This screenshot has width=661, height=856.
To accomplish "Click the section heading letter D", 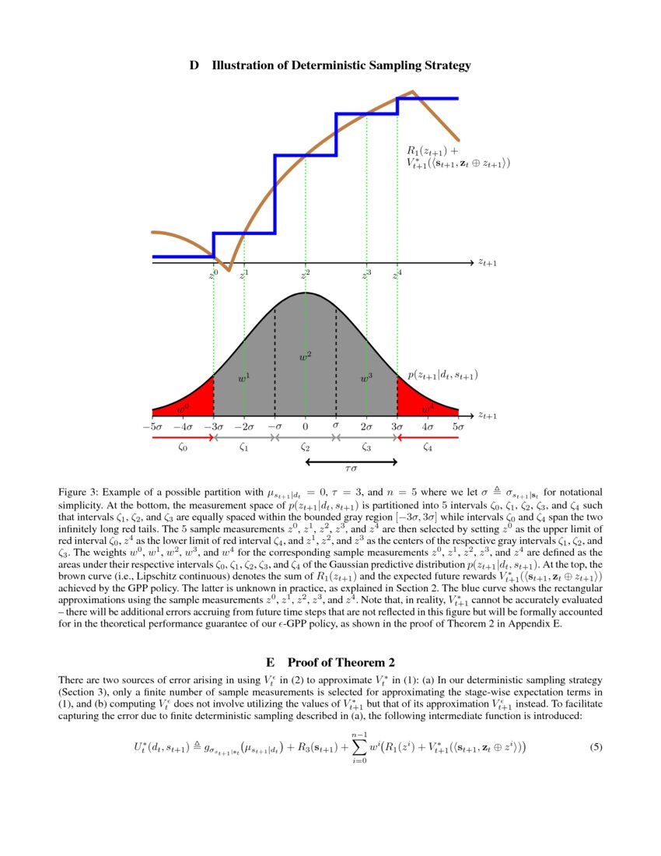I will click(x=194, y=65).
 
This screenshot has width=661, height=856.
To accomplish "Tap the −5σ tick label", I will click(x=152, y=426).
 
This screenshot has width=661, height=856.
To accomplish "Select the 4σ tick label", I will click(x=427, y=426).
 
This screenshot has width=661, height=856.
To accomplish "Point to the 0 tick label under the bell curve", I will click(x=306, y=426).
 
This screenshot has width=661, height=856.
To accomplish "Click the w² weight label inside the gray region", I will click(x=306, y=356).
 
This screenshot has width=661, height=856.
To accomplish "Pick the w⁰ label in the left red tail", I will click(x=183, y=407).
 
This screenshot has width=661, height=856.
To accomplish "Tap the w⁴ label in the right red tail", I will click(x=428, y=407).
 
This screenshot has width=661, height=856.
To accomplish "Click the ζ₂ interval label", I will click(x=306, y=447).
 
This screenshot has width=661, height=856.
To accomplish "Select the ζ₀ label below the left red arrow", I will click(x=183, y=447).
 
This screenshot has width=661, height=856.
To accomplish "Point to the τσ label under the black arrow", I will click(x=351, y=469).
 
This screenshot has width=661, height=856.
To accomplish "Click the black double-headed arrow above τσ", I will click(x=351, y=462).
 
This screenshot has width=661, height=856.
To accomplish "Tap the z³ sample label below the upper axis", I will click(x=366, y=274).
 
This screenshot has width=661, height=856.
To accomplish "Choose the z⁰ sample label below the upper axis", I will click(x=214, y=274).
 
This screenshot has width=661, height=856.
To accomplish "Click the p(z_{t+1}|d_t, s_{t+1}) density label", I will click(x=442, y=375).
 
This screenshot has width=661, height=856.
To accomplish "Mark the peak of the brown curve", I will click(x=413, y=92).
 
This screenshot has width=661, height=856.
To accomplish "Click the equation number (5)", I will click(x=596, y=747).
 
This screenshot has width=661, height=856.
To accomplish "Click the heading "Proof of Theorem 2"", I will click(x=341, y=663).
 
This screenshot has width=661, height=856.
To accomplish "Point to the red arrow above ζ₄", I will click(x=428, y=438).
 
